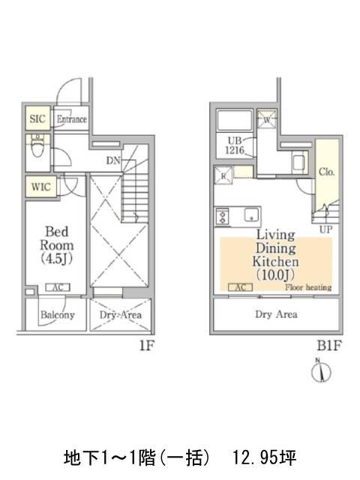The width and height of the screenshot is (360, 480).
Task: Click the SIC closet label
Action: (x=37, y=118)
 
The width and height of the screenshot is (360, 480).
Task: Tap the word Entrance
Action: (x=72, y=118)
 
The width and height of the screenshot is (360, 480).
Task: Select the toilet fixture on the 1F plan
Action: (x=37, y=145)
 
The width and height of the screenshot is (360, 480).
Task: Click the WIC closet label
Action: (x=40, y=187)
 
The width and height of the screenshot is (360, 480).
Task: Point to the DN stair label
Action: (x=113, y=160)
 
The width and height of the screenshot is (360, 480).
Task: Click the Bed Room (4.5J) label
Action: (x=57, y=245)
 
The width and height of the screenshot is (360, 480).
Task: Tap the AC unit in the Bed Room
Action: (x=58, y=287)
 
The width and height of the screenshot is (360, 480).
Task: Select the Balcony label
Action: (x=58, y=315)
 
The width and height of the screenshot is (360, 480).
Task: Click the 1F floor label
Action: (x=147, y=346)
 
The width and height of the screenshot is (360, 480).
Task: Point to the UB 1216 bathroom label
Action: (x=235, y=145)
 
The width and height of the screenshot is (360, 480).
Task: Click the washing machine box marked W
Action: (x=267, y=119)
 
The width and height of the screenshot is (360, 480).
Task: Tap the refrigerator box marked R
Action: (x=223, y=175)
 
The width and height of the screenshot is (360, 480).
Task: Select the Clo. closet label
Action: (x=327, y=172)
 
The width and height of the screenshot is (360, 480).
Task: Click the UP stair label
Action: (x=325, y=229)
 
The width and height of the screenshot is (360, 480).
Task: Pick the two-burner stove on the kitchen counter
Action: (x=223, y=216)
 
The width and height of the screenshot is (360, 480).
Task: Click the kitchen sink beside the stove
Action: (x=252, y=214)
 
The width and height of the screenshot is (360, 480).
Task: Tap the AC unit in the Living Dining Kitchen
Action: (x=240, y=287)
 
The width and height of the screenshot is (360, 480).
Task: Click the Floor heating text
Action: (x=308, y=287)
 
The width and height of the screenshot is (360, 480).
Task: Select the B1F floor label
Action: (x=328, y=346)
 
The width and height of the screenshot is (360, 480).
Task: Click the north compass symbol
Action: (x=321, y=371)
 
